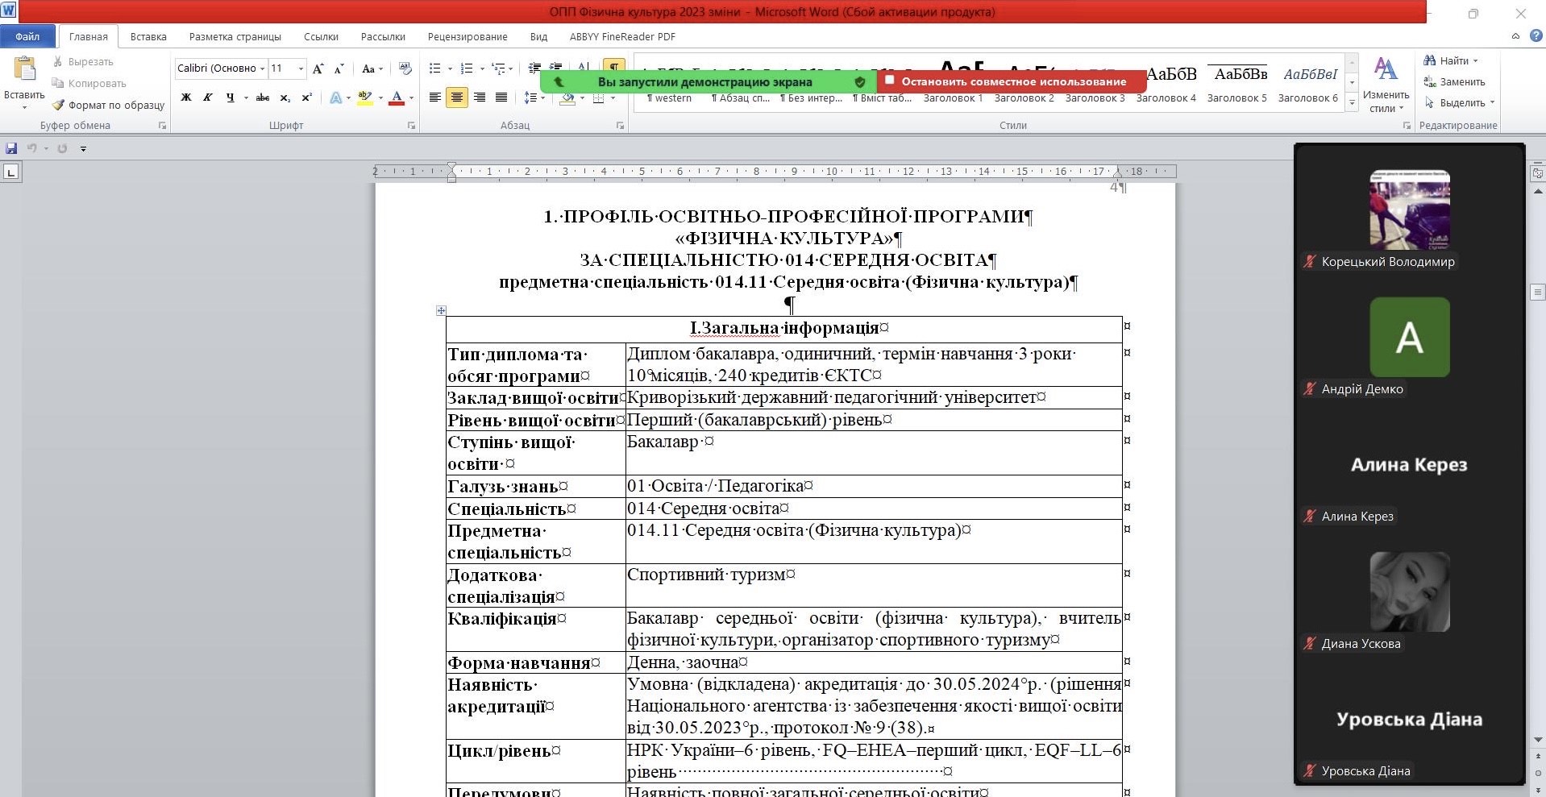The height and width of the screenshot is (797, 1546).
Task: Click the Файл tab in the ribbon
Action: click(x=27, y=36)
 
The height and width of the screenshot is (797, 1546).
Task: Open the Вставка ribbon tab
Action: click(x=148, y=36)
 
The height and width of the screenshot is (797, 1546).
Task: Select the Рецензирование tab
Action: click(x=468, y=36)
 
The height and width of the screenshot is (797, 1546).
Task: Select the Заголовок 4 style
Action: click(x=1166, y=98)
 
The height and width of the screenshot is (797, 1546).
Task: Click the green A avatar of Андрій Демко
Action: click(x=1409, y=337)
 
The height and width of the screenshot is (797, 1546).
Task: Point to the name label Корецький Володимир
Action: click(x=1387, y=261)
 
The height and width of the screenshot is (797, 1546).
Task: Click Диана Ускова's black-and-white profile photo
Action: click(x=1409, y=592)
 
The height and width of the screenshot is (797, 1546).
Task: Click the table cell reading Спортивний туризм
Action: click(x=706, y=575)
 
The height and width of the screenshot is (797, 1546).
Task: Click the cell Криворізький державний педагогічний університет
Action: click(x=831, y=397)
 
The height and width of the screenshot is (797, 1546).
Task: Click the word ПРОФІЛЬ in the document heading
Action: click(x=609, y=217)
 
